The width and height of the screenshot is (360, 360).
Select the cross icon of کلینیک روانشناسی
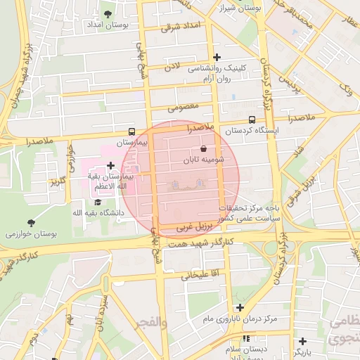[x=217, y=57]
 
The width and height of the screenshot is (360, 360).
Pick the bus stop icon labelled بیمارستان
[x=131, y=131]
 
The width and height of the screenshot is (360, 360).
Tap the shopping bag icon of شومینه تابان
[x=203, y=149]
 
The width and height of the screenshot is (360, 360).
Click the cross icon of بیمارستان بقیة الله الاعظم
[x=110, y=165]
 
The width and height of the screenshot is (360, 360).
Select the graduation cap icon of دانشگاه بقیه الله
[x=97, y=202]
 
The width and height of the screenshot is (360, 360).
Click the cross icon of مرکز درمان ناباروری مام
[x=240, y=307]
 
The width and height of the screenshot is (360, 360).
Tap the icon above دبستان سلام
[x=245, y=338]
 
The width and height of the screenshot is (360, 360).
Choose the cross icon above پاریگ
[x=302, y=340]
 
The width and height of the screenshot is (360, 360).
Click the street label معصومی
[x=185, y=107]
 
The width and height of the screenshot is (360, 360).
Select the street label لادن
[x=172, y=67]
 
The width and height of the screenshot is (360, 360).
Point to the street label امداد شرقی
[x=181, y=26]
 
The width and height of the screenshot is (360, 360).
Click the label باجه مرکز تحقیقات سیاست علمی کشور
[x=248, y=213]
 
